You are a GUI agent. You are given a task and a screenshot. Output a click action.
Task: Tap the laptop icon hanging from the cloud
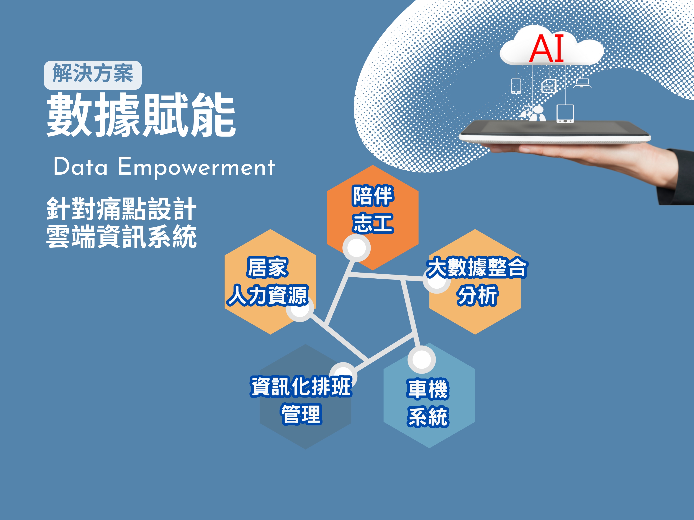point(583,83)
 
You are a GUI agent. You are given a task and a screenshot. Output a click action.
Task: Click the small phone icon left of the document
point(516,86)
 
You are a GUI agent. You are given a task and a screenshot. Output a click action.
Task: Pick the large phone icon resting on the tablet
point(565,114)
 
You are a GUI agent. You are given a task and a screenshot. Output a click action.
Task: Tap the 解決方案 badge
point(93,75)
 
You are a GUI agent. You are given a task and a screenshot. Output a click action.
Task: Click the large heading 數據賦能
point(141,115)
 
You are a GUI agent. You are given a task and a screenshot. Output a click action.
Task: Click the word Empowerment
point(196,167)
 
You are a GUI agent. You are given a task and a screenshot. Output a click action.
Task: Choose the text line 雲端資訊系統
point(121,237)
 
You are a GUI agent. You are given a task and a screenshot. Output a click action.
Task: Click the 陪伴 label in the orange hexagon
point(373,196)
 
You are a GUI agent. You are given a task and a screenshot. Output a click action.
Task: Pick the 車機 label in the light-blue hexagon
point(428,389)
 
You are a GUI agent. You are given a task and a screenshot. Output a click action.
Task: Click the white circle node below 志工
point(356,248)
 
